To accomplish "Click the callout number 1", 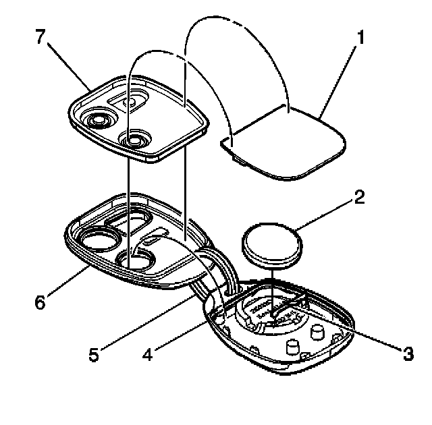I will point(362,38).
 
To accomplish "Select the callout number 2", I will point(358,197).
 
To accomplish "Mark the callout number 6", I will point(41,303).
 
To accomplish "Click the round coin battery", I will point(272,245).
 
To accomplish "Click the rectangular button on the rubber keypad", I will point(131,101).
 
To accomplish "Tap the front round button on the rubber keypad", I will point(135,140).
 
